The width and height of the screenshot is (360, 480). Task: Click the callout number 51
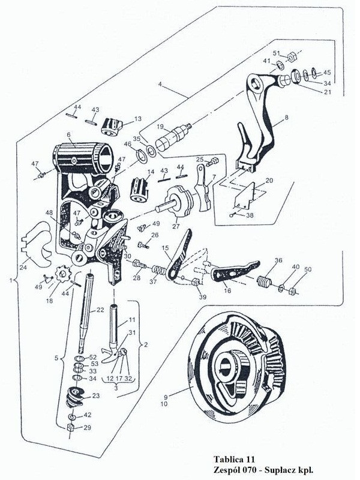pyautogui.click(x=277, y=53)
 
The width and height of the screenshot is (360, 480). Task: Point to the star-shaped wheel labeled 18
pyautogui.click(x=59, y=277)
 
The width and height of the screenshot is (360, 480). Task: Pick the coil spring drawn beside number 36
pyautogui.click(x=262, y=281)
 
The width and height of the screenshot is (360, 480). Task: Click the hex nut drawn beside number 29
pyautogui.click(x=70, y=427)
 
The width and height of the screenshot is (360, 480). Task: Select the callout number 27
pyautogui.click(x=176, y=227)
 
